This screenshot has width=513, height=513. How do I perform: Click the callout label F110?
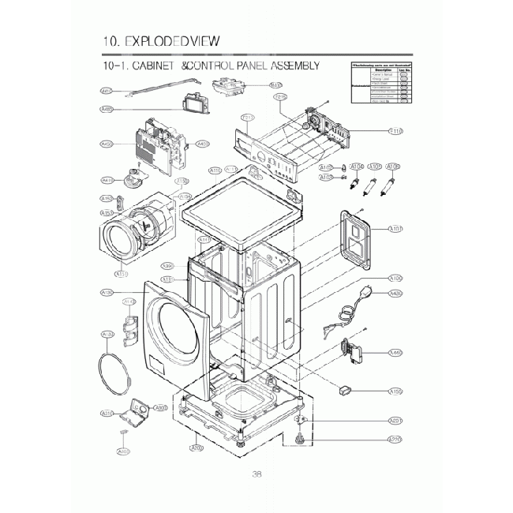(396, 131)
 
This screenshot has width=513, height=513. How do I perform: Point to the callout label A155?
(396, 391)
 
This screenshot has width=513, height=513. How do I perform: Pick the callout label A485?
(107, 109)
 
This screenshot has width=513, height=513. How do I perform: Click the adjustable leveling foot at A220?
(300, 440)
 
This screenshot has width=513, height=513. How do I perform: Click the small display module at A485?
(193, 107)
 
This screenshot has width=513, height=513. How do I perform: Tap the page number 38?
(256, 474)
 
